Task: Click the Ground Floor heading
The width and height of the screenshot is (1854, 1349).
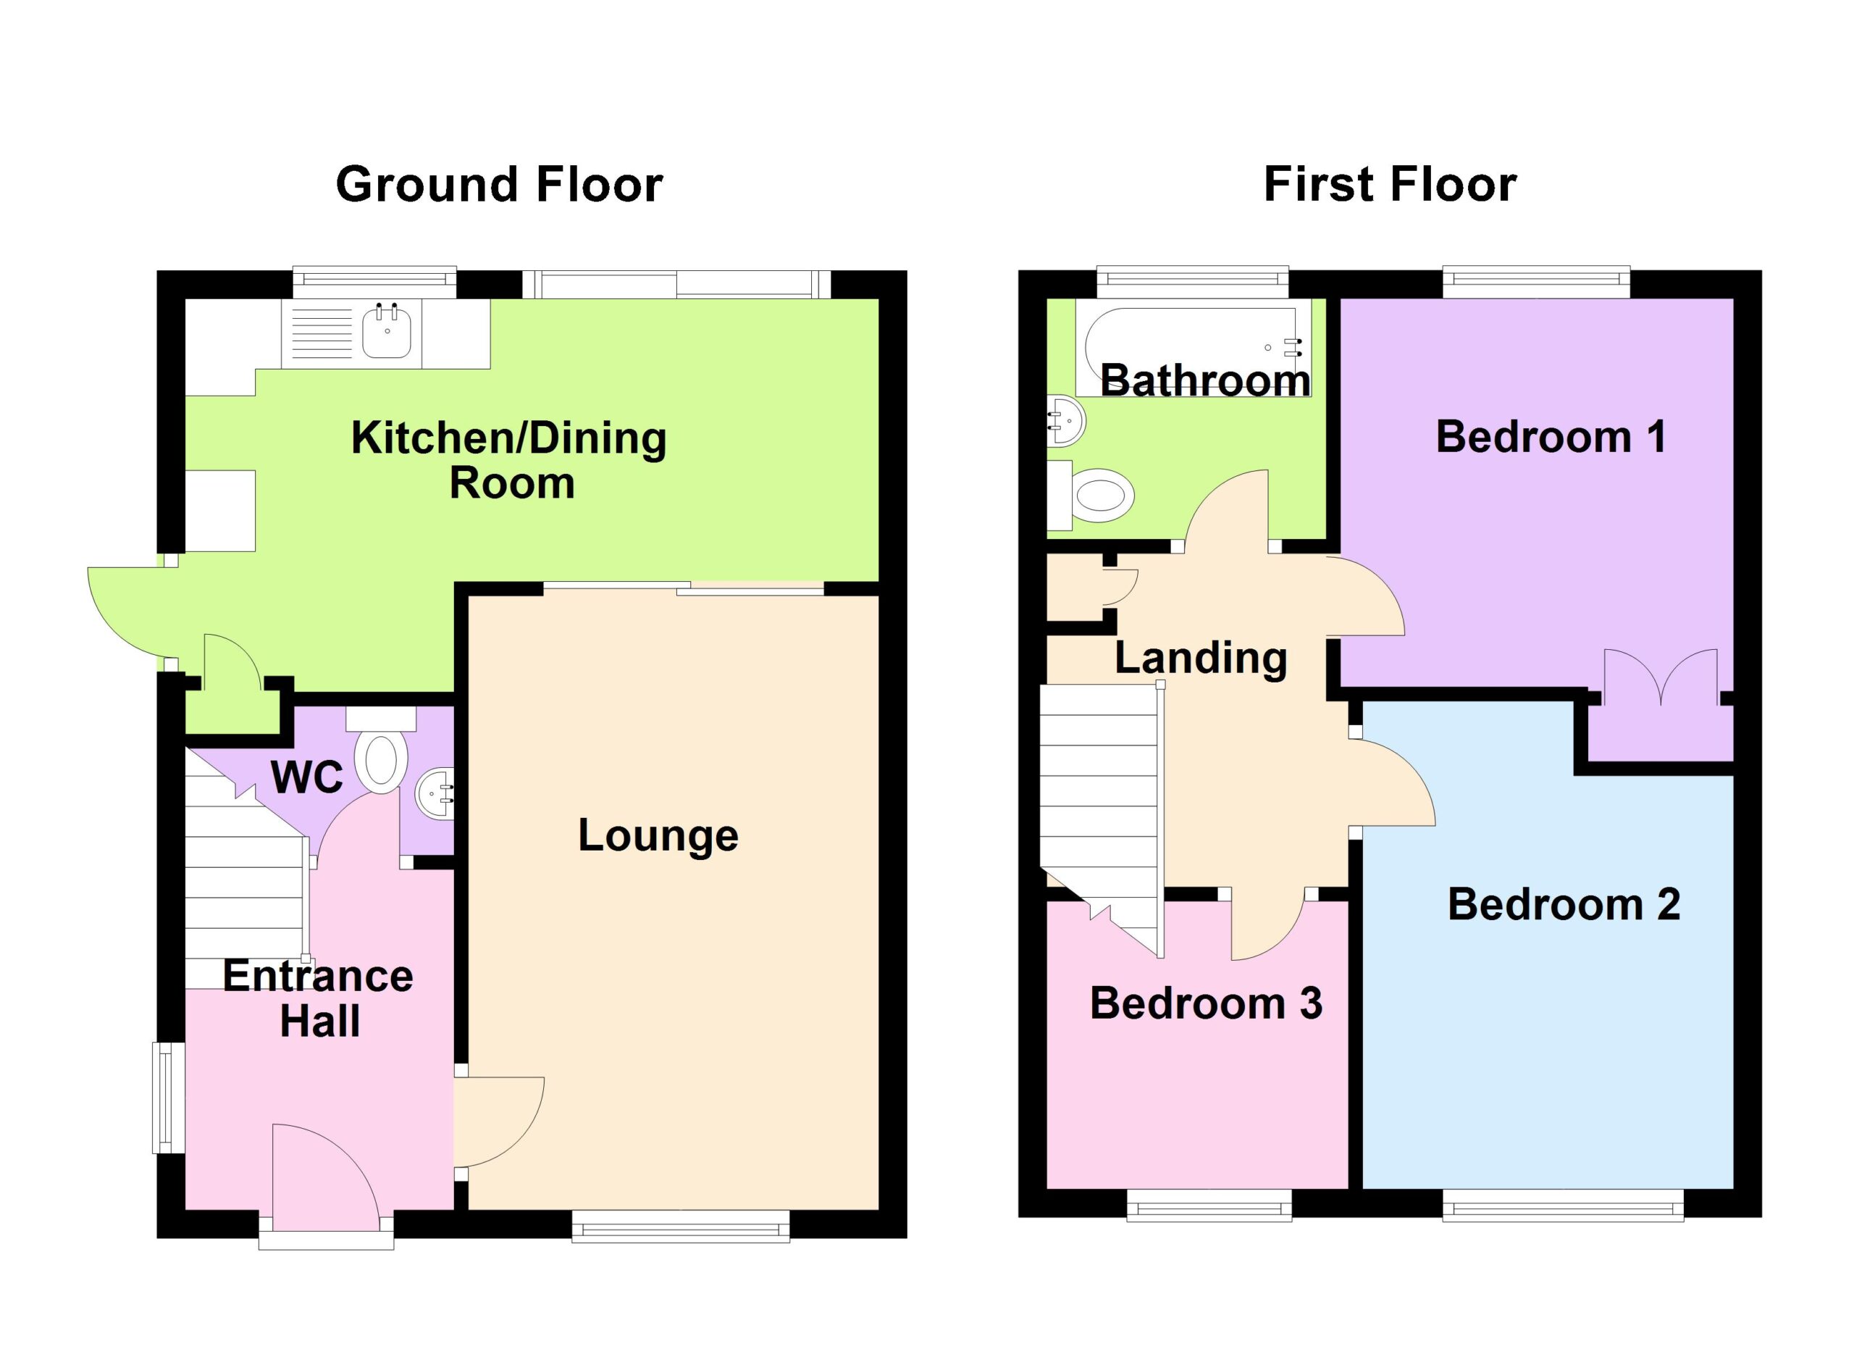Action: pyautogui.click(x=499, y=185)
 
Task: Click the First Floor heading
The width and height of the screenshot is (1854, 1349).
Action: pyautogui.click(x=1390, y=185)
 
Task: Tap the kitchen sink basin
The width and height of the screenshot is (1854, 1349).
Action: pyautogui.click(x=387, y=330)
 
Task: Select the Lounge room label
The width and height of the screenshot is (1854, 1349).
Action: pyautogui.click(x=658, y=835)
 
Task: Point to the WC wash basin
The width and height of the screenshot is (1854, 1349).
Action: pyautogui.click(x=435, y=794)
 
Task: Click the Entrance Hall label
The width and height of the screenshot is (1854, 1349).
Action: pyautogui.click(x=319, y=998)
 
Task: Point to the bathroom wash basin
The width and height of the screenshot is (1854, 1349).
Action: pyautogui.click(x=1066, y=421)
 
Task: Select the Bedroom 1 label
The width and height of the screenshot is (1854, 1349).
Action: pyautogui.click(x=1551, y=437)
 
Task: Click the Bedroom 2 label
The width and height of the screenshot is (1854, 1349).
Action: pyautogui.click(x=1564, y=904)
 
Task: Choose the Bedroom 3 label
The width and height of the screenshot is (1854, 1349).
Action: pyautogui.click(x=1206, y=1003)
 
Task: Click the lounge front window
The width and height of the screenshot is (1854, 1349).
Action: pyautogui.click(x=680, y=1227)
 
